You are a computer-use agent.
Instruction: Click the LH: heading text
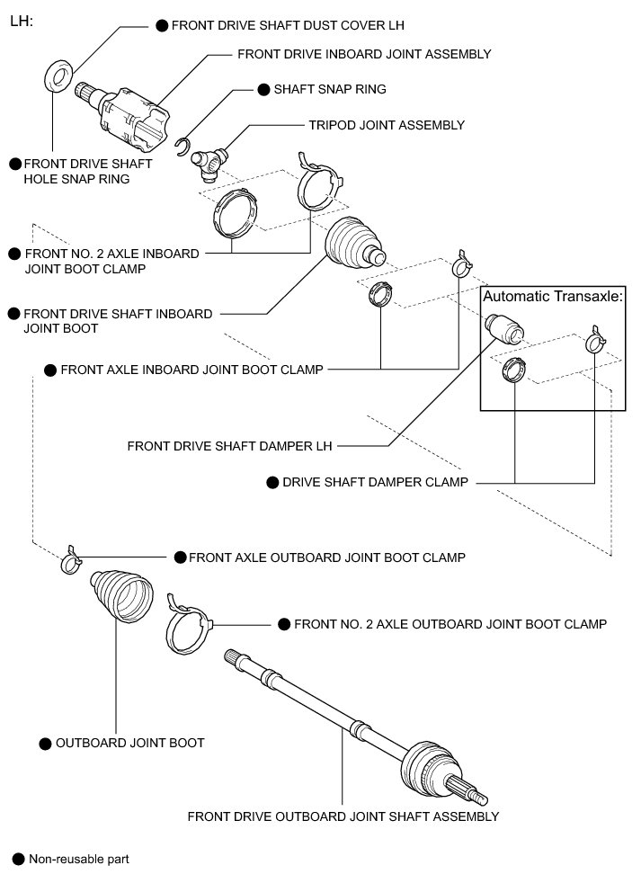point(21,19)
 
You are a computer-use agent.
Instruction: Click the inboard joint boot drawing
point(353,243)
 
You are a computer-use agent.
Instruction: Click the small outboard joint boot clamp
point(71,560)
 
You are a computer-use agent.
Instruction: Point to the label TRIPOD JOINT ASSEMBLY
point(387,125)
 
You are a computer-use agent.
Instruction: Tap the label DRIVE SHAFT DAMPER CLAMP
point(375,482)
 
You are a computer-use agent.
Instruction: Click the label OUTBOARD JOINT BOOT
point(129,743)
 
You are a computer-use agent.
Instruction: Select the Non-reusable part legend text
point(79,859)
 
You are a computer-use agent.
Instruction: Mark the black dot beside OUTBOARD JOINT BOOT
point(45,744)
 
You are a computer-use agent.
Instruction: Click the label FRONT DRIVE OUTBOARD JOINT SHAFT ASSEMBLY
point(343,816)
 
